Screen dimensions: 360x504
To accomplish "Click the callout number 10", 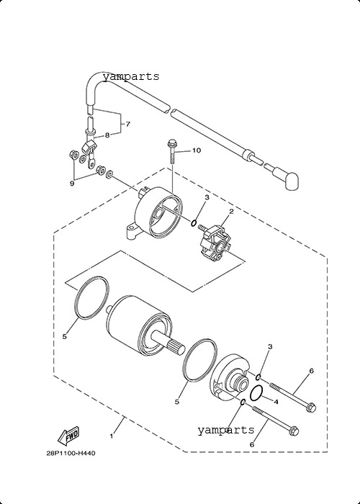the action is click(x=197, y=150).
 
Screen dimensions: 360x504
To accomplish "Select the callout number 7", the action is click(x=127, y=124).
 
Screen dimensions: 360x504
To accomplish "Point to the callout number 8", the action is click(x=107, y=135).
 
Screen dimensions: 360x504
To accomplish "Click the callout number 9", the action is click(x=72, y=183).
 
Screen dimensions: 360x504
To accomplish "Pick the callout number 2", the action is click(x=231, y=212).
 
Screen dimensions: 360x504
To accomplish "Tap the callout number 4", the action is click(x=276, y=402).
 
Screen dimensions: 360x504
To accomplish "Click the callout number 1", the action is click(x=112, y=436).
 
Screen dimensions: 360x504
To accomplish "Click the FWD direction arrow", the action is click(x=68, y=436).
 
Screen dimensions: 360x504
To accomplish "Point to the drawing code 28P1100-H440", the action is click(x=71, y=454).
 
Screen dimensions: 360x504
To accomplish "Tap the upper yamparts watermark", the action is click(x=131, y=76).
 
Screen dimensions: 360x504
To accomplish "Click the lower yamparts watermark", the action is click(x=225, y=430).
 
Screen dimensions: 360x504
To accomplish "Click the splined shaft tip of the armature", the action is click(x=176, y=348).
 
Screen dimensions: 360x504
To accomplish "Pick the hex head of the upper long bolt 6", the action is click(x=311, y=407).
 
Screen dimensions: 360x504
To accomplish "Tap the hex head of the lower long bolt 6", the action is click(x=294, y=431).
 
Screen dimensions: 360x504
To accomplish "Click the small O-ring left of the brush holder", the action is click(x=194, y=222).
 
